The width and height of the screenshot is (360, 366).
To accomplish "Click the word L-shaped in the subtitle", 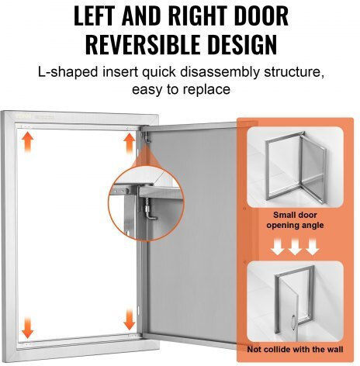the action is point(68,72).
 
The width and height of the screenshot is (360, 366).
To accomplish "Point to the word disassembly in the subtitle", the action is point(220,72).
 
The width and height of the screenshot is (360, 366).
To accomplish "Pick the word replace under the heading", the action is point(206,90).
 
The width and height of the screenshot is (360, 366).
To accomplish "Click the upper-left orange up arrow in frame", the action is point(28,143).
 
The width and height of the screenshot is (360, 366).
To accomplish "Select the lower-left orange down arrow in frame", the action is point(28,328).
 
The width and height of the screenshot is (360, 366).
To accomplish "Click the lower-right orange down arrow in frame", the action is point(130,320).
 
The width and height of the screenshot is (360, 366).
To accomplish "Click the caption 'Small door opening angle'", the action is point(295,220).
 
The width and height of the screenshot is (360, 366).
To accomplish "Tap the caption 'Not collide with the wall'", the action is point(295,350).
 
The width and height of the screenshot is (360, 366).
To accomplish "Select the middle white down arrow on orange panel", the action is point(295,247).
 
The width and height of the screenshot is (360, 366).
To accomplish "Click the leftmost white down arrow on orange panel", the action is point(278,247).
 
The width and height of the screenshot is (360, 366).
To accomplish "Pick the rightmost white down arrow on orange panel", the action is point(313,247).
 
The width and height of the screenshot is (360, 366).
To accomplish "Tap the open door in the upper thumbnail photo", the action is point(313,168).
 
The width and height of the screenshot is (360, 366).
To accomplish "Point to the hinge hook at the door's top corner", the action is point(147,137).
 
